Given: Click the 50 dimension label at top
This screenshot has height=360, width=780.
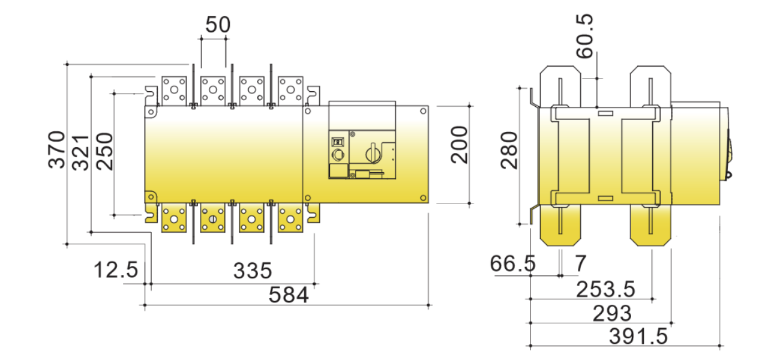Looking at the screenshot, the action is (x=218, y=25).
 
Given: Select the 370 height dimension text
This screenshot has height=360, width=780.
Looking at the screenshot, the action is (x=57, y=150).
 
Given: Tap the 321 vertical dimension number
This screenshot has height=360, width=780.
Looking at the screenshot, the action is (x=80, y=153).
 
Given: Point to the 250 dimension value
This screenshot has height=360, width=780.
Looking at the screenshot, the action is (x=104, y=151).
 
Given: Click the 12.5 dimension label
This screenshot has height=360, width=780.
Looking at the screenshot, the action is (x=116, y=270).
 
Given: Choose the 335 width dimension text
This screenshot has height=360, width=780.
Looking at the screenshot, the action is (x=253, y=271).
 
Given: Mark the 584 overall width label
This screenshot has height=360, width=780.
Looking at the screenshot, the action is (x=289, y=295).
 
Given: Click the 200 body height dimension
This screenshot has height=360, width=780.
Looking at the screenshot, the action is (x=459, y=145).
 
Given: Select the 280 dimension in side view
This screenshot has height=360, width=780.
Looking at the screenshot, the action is (x=509, y=150).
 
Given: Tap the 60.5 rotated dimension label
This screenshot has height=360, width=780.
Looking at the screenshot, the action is (x=584, y=36).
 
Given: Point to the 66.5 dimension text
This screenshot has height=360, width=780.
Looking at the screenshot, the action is (x=512, y=263).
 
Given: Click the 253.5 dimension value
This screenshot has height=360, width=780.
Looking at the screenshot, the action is (x=606, y=289).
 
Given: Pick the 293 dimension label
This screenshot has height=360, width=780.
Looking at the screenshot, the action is (x=612, y=313).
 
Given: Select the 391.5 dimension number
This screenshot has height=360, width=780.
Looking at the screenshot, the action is (x=638, y=337).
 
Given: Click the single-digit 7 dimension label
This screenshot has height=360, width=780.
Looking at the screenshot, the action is (x=580, y=263).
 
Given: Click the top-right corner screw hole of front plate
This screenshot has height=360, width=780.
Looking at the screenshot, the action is (x=423, y=111).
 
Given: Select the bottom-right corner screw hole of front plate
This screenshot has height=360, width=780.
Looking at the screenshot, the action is (x=423, y=198).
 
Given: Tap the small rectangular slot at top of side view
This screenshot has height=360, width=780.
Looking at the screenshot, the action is (x=605, y=113).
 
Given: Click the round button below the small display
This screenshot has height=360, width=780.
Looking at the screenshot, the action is (x=337, y=155).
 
